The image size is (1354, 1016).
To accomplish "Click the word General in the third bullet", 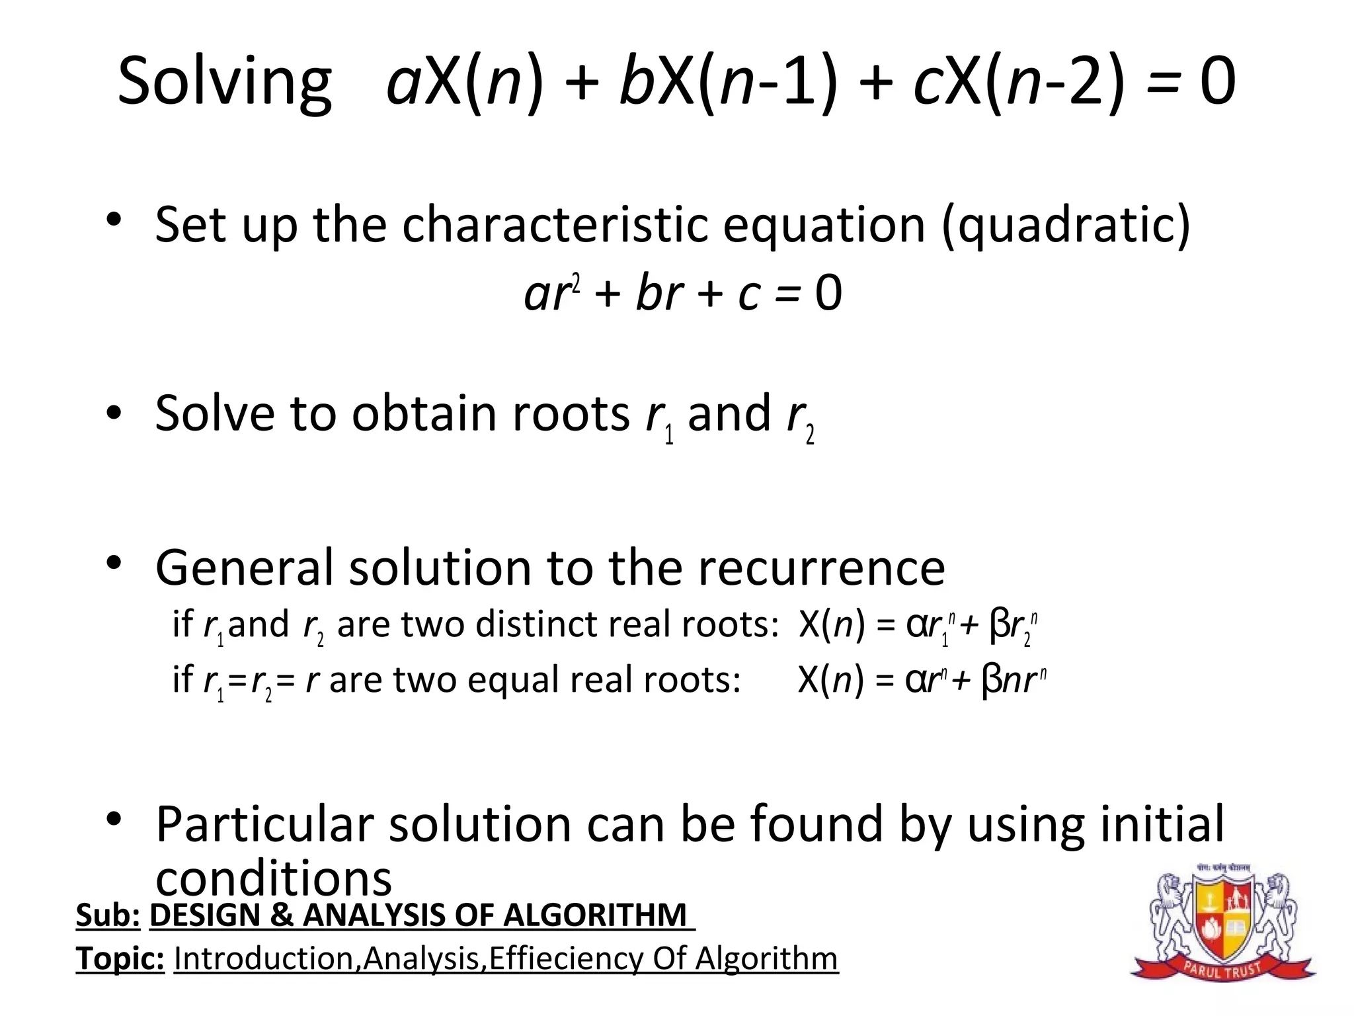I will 244,568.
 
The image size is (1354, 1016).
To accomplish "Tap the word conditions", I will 274,878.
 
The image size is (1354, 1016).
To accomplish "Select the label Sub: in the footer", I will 108,915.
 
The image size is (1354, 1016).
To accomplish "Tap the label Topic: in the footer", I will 120,958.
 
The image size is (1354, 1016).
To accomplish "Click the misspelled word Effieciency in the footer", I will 565,958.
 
